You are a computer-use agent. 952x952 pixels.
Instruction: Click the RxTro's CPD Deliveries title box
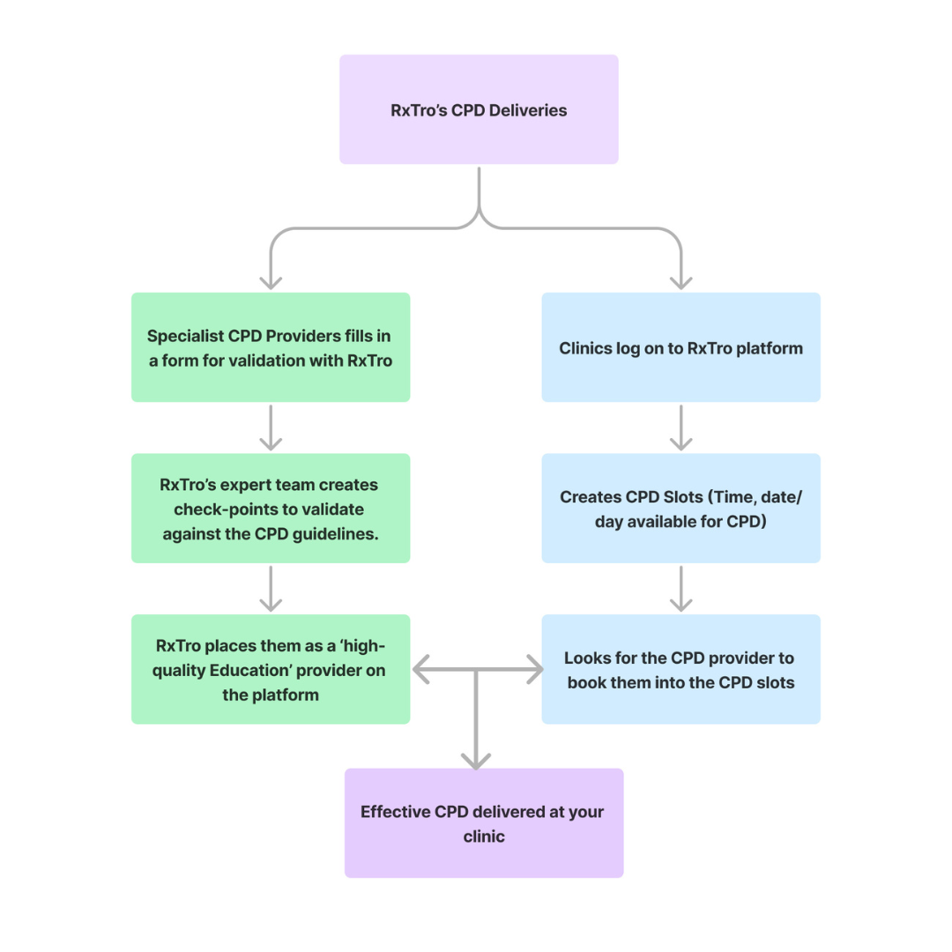pyautogui.click(x=479, y=109)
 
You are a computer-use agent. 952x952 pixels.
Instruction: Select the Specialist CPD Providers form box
pyautogui.click(x=271, y=347)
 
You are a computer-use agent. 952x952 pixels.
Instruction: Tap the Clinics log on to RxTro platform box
pyautogui.click(x=681, y=347)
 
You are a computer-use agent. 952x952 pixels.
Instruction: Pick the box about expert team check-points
pyautogui.click(x=271, y=509)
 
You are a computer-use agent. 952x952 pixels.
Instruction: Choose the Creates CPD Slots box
pyautogui.click(x=681, y=509)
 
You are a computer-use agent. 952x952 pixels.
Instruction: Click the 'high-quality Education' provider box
pyautogui.click(x=271, y=670)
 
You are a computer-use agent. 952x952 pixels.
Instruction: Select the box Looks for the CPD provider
pyautogui.click(x=681, y=670)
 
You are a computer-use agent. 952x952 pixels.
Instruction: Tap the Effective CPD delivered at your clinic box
pyautogui.click(x=484, y=823)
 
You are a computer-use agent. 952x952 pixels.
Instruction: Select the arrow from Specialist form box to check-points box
pyautogui.click(x=271, y=428)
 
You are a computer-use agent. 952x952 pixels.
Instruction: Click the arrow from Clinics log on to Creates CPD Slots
pyautogui.click(x=681, y=428)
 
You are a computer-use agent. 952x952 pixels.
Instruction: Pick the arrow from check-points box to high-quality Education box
pyautogui.click(x=271, y=589)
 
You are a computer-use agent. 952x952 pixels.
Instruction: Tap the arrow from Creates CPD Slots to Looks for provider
pyautogui.click(x=681, y=589)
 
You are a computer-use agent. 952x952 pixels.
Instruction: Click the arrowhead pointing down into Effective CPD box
pyautogui.click(x=476, y=761)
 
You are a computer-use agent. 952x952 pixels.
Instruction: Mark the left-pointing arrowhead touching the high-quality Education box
pyautogui.click(x=421, y=670)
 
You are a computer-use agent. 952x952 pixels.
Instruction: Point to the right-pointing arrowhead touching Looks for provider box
pyautogui.click(x=533, y=670)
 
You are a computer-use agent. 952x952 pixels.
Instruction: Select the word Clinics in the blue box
pyautogui.click(x=584, y=348)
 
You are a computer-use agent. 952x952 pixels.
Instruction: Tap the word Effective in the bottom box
pyautogui.click(x=396, y=812)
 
